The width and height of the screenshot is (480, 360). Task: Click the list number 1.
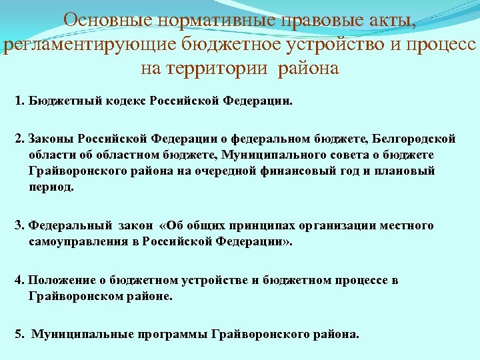pyautogui.click(x=19, y=103)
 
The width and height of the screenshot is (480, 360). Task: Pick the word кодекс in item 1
pyautogui.click(x=125, y=103)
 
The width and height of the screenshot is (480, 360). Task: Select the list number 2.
pyautogui.click(x=19, y=139)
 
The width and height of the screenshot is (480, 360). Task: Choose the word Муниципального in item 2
pyautogui.click(x=255, y=155)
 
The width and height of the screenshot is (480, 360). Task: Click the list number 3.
pyautogui.click(x=19, y=225)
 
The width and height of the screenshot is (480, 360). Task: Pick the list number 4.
pyautogui.click(x=19, y=280)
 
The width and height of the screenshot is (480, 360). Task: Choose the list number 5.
pyautogui.click(x=19, y=334)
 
